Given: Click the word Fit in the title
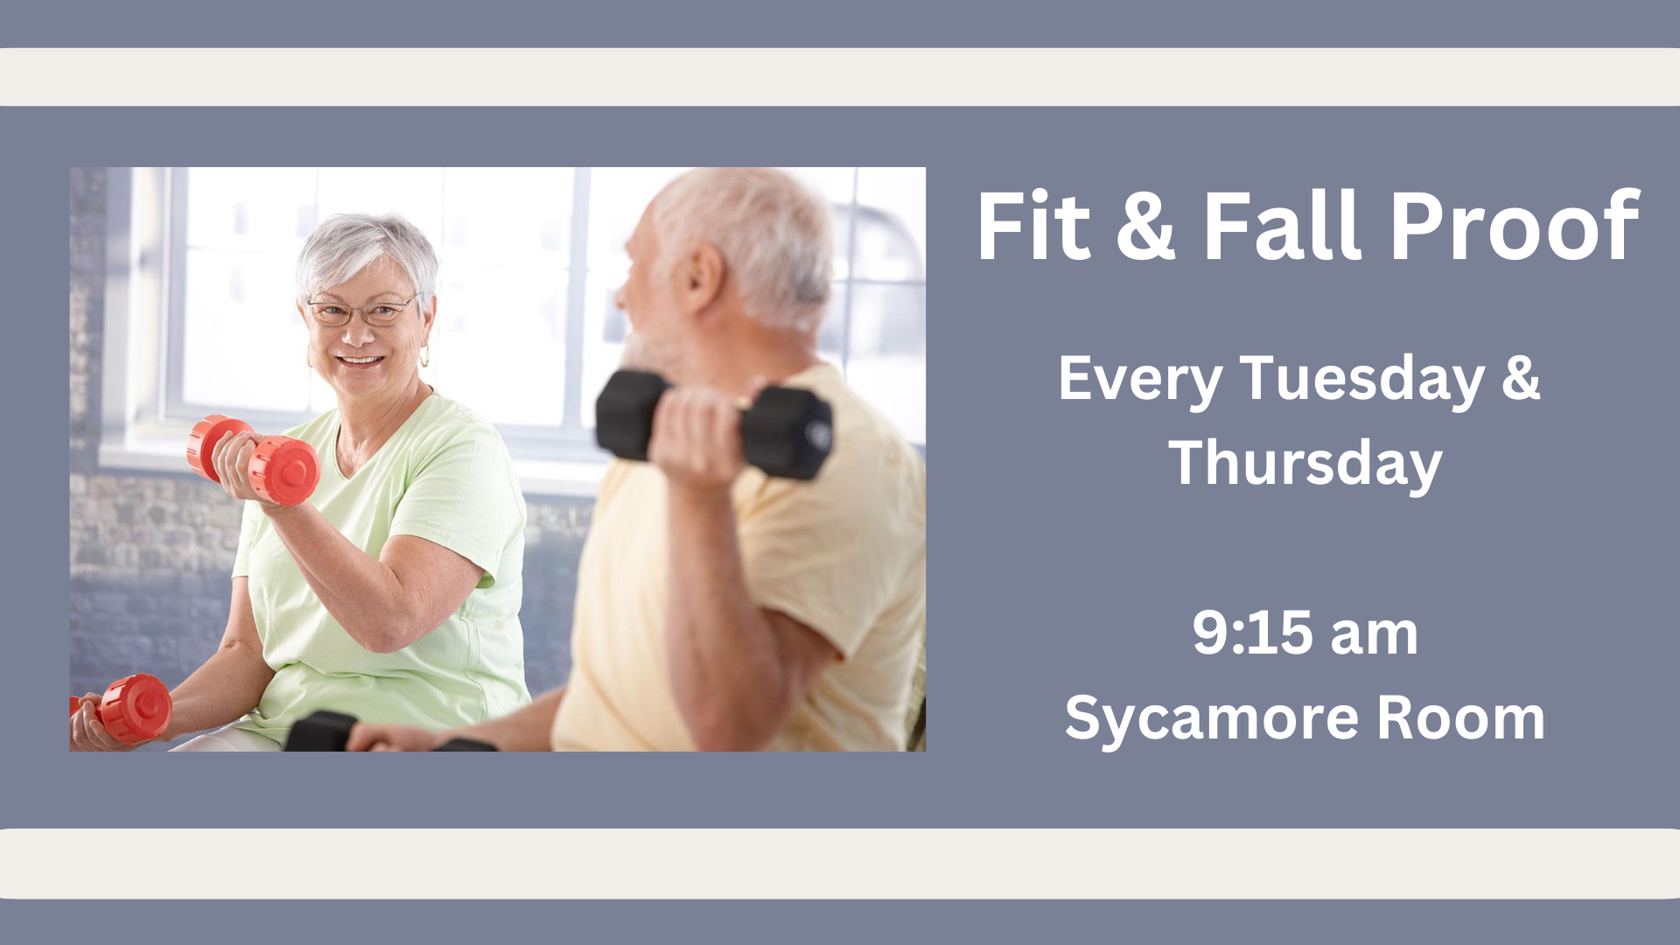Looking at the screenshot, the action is point(1034,226).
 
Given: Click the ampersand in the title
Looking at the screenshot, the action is point(1146,227).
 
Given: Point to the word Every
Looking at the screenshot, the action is point(1139,381).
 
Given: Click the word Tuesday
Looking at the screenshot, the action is point(1362,379).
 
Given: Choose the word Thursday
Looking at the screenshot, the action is point(1305,464).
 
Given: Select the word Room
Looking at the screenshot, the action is point(1461,718).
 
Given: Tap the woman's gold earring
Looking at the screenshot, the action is point(425,356).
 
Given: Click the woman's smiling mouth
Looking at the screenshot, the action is point(360,360).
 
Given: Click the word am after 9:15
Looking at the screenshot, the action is point(1374,636).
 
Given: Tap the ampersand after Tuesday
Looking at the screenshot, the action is point(1522,379).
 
